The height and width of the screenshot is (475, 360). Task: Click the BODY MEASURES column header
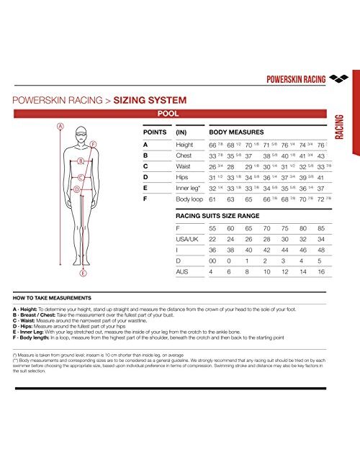[236, 133]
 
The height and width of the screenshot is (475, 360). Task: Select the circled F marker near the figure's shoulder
[94, 144]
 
